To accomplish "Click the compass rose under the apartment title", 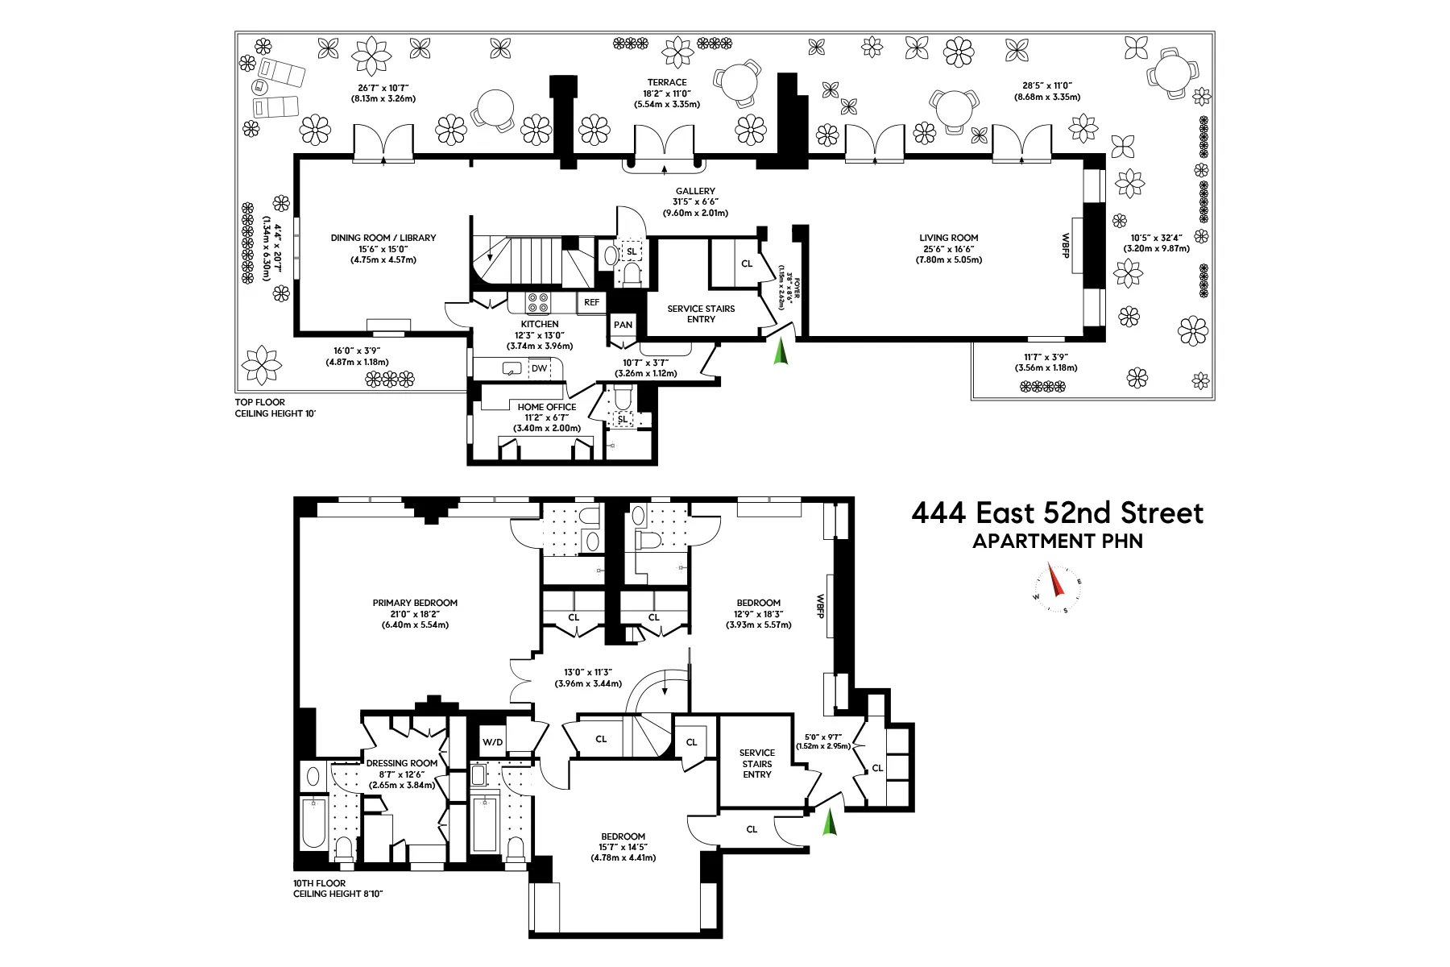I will point(1058,588).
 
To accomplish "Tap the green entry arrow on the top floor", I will point(780,352).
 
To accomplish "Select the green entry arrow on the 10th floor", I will point(829,822).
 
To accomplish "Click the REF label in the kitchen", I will point(592,302).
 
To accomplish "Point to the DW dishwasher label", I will point(539,368).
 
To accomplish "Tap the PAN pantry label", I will point(623,325).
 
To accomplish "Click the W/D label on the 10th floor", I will point(493,742).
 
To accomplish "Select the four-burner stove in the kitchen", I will point(538,302).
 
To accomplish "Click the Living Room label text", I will point(948,238).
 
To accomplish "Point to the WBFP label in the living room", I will point(1065,245).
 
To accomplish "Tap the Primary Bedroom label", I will point(415,603).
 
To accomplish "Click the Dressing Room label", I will point(402,763).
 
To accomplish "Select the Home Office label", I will point(547,407).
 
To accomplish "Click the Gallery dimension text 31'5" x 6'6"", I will point(695,202).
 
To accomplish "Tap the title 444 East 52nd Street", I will point(1057,513).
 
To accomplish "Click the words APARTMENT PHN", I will point(1057,542).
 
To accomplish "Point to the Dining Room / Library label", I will point(383,238).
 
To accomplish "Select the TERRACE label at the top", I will point(667,82).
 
